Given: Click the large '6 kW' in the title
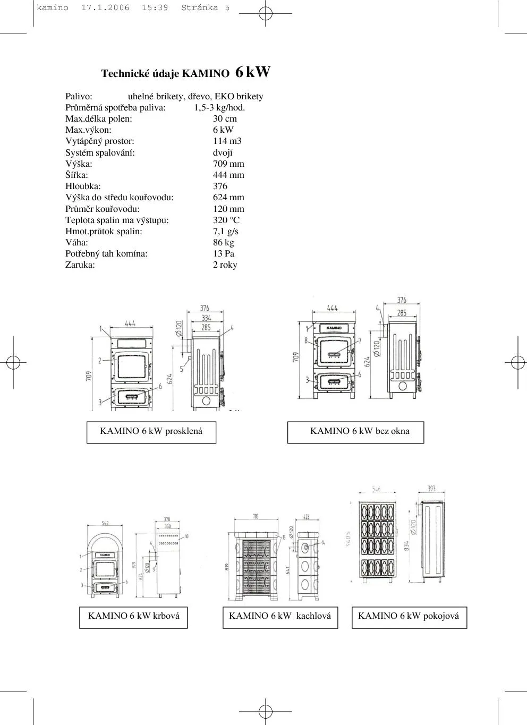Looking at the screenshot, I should (252, 72).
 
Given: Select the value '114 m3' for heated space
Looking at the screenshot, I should (227, 141).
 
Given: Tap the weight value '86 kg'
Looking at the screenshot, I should (223, 243).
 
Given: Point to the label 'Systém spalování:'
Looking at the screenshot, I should (100, 153).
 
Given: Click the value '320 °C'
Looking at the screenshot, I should (226, 220).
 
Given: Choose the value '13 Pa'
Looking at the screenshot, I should (223, 254).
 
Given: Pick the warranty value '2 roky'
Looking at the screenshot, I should (225, 265).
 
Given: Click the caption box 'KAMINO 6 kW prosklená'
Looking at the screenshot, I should (151, 432).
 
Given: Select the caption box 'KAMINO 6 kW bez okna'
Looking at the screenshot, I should (356, 432).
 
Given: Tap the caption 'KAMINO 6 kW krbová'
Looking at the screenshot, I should (133, 617).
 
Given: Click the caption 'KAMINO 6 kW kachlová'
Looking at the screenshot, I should (280, 617).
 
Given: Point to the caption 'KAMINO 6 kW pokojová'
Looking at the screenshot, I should (409, 617).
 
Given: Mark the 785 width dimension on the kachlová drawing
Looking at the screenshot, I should (256, 517).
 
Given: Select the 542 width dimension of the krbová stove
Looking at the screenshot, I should (105, 524).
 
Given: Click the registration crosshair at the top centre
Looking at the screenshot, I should (265, 13).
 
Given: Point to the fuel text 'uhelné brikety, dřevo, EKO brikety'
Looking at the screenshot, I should (195, 97).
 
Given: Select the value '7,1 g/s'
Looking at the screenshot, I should (225, 232).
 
